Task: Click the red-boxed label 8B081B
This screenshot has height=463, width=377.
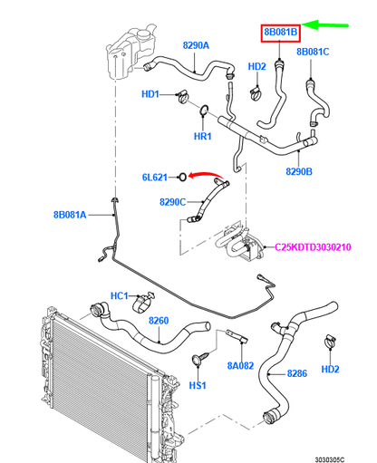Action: click(280, 34)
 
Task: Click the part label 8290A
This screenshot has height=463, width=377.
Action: click(195, 44)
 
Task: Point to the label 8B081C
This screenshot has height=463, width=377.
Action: click(313, 53)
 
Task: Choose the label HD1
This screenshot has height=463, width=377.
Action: click(150, 94)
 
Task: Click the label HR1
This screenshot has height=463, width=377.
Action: click(202, 137)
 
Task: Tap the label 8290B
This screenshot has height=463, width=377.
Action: click(298, 170)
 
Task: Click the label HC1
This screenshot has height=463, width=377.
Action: click(121, 296)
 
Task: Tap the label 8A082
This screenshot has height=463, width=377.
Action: click(240, 366)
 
